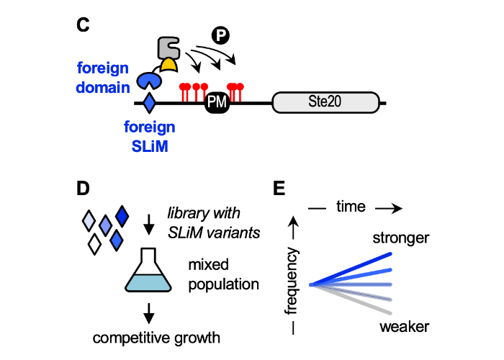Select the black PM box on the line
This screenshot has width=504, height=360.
click(x=217, y=103)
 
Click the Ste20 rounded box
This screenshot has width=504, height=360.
click(x=325, y=103)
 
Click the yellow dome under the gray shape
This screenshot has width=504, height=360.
click(x=168, y=66)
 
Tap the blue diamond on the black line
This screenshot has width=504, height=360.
click(x=149, y=103)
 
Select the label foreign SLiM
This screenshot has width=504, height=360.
click(x=149, y=135)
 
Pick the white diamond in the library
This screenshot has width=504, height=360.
click(x=94, y=246)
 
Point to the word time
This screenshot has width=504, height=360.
click(x=351, y=207)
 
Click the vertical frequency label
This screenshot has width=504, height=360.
click(x=291, y=282)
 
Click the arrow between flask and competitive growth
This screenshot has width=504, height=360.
click(x=149, y=312)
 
